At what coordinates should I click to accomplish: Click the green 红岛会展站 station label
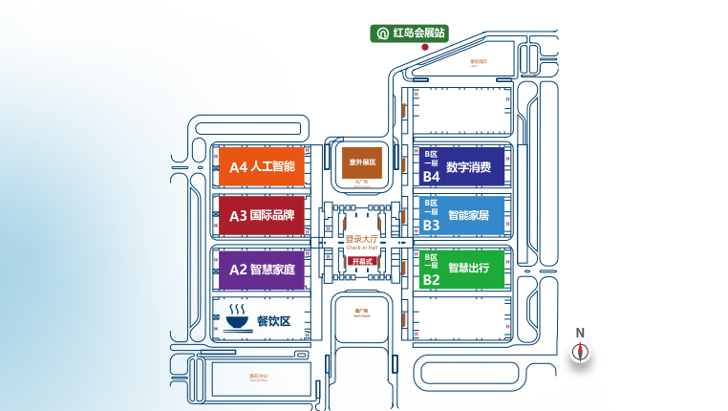click(410, 32)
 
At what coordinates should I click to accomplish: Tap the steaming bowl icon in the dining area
click(236, 317)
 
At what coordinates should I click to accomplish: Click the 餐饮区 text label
click(273, 321)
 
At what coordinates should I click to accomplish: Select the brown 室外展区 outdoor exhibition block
click(363, 162)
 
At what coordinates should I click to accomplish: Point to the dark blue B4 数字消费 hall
click(461, 166)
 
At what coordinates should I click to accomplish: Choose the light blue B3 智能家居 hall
click(461, 216)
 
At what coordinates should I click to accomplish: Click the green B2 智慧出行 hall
click(461, 269)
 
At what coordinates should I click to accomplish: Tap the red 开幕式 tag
click(362, 261)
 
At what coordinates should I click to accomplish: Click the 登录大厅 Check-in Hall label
click(363, 242)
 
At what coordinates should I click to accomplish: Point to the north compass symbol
click(580, 351)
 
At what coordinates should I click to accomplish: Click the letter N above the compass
click(580, 333)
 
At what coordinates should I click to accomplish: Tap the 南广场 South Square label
click(361, 312)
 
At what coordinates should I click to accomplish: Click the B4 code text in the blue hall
click(431, 176)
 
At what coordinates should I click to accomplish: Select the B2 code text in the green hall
click(431, 279)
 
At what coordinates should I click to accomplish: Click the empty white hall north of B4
click(461, 111)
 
